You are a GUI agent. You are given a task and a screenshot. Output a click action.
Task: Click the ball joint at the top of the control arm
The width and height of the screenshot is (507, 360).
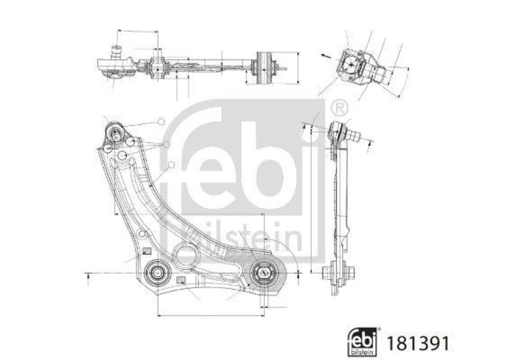pyautogui.click(x=115, y=134)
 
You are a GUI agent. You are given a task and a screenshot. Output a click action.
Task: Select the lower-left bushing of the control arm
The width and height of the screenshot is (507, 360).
pyautogui.click(x=156, y=274)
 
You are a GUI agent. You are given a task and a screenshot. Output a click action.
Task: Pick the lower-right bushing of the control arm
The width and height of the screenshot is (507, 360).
pyautogui.click(x=262, y=274)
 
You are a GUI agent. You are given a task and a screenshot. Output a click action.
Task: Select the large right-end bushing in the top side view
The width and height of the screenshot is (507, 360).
pyautogui.click(x=264, y=67)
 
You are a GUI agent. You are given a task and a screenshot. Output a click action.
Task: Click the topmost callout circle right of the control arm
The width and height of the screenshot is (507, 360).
pyautogui.click(x=161, y=121)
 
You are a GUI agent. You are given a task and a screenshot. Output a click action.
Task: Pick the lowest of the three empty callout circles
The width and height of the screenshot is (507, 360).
pyautogui.click(x=171, y=164)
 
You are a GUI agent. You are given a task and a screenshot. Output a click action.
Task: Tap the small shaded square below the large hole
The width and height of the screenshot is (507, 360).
pyautogui.click(x=181, y=280)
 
